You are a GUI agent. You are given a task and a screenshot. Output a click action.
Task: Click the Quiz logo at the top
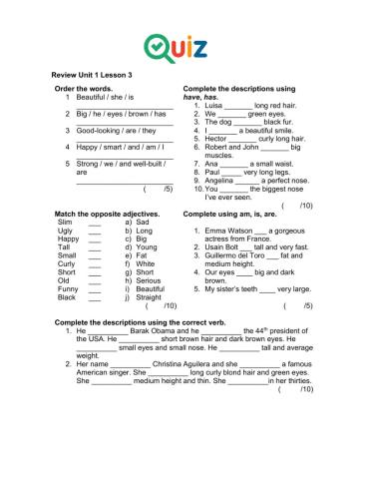pos(185,46)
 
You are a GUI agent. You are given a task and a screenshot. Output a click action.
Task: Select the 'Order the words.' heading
pos(82,89)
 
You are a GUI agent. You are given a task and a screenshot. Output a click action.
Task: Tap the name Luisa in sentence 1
pos(211,105)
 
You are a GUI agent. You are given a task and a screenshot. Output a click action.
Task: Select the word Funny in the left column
pos(69,287)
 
